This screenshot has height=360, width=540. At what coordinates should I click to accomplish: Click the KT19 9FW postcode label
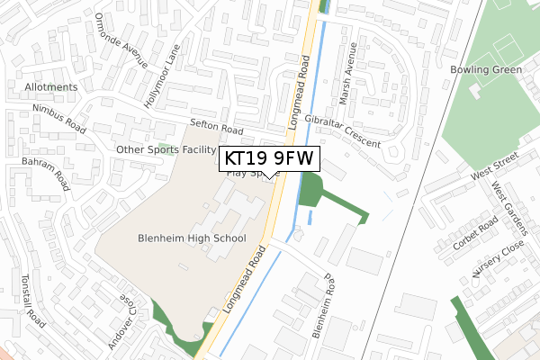pos(268,159)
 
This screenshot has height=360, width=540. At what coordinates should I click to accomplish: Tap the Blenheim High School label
pos(192,238)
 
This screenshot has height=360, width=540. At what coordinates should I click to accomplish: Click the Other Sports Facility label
pos(166,149)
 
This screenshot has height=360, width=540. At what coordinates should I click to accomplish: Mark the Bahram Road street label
pos(49,168)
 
